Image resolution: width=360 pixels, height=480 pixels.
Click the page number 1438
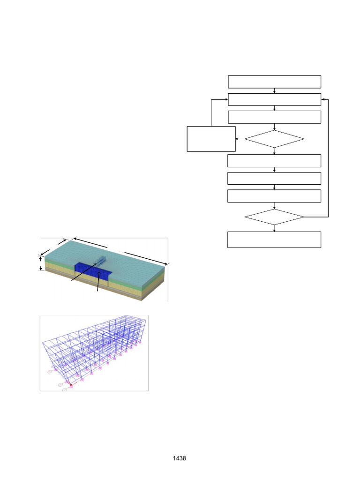[x=180, y=458]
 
